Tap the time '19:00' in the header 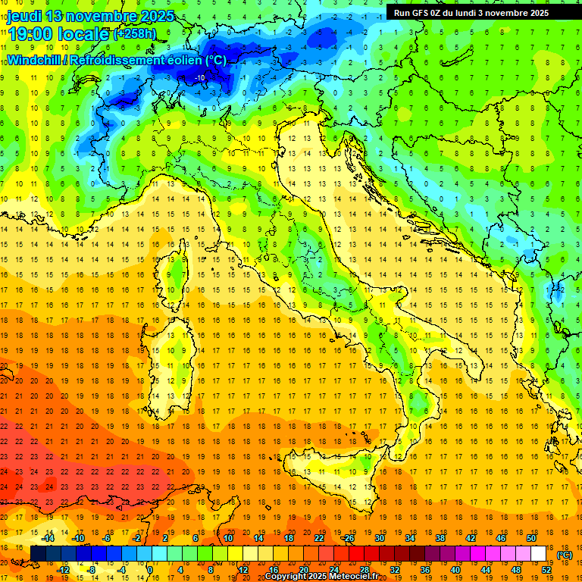(x=30, y=34)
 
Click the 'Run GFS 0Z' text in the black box (x=421, y=13)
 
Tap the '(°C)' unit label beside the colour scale (x=564, y=555)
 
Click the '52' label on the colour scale (x=546, y=569)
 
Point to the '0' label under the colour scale (x=149, y=569)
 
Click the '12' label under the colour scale (x=243, y=569)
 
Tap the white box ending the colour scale (x=538, y=553)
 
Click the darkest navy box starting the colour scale (x=37, y=553)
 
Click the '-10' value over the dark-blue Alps (x=200, y=77)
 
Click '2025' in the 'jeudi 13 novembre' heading (x=157, y=16)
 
